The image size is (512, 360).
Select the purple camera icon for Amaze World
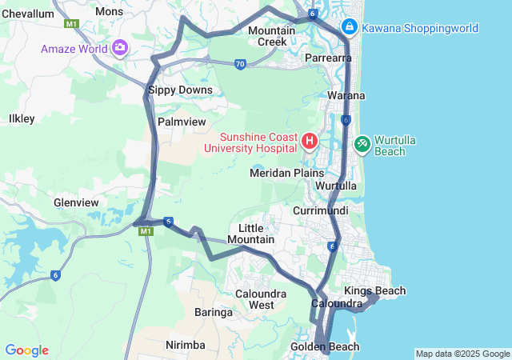(120, 48)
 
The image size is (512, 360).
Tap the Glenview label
(75, 202)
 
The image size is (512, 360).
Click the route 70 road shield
(240, 64)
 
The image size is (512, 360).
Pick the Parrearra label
(329, 58)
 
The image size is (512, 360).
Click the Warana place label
(346, 95)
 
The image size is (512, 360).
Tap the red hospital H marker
(310, 142)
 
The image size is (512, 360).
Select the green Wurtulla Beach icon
(362, 144)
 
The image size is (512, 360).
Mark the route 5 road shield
(168, 222)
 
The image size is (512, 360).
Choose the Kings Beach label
(374, 290)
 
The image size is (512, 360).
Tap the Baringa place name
(214, 312)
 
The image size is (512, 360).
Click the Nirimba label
(185, 345)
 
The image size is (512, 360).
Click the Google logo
(27, 350)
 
